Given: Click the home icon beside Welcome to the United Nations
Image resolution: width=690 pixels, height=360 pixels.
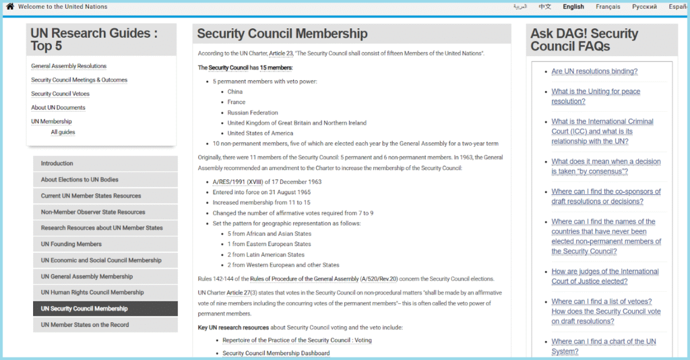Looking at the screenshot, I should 10,7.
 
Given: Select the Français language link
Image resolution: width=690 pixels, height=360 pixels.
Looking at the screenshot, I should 608,7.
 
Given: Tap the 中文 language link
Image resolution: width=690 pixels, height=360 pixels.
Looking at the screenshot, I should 544,7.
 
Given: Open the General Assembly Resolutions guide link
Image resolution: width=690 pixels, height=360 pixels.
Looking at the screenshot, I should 69,66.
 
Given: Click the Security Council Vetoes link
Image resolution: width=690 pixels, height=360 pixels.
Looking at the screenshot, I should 60,94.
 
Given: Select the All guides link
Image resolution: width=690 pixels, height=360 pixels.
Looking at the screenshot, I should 63,132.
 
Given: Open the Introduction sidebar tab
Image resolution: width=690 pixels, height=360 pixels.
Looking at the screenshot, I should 57,164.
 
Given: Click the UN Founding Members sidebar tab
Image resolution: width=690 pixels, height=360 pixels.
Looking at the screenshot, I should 71,244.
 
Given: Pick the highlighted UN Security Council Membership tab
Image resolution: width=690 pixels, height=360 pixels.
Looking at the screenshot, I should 84,309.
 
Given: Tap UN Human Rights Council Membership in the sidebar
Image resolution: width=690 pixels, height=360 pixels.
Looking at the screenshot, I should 92,293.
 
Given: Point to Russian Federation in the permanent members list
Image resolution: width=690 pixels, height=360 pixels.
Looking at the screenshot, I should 253,113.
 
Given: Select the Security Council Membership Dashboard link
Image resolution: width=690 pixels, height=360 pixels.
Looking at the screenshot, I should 276,353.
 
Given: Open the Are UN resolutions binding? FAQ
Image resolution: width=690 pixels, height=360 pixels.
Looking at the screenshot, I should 594,71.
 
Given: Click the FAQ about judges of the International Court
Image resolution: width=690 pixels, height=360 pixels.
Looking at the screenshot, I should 605,276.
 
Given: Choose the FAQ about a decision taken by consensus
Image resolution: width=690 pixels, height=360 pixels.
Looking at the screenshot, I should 606,167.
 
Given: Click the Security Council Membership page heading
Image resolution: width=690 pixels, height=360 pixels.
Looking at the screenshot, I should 282,34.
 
